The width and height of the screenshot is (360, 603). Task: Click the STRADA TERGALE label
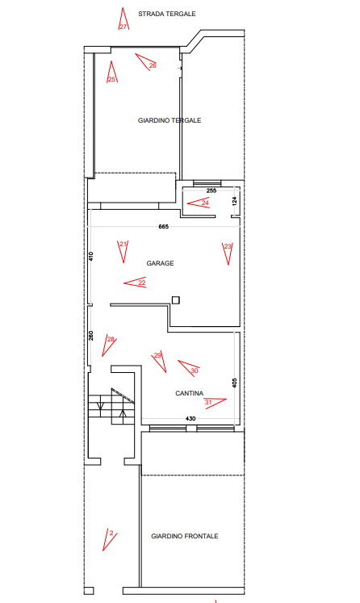coord(167,14)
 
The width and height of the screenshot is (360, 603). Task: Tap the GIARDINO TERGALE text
coord(170,120)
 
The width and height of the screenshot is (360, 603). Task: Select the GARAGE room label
coord(160,263)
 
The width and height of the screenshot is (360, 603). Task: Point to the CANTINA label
coord(189,393)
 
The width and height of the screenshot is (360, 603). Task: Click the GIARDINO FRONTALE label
coord(185,536)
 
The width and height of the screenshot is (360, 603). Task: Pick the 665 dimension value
coord(164,227)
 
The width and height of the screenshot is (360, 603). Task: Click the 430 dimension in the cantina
coord(190,418)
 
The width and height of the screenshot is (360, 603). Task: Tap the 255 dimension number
coord(211,191)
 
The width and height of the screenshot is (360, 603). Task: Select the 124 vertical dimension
coord(235,201)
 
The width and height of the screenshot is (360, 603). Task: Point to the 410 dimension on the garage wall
coord(90,256)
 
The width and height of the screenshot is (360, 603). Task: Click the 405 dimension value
coord(235,383)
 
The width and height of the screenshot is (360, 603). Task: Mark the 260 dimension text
coord(90,336)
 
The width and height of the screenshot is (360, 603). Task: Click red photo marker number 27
coord(123,20)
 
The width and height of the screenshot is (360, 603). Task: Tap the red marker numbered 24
coord(199,203)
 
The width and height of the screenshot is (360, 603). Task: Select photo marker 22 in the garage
coord(136,283)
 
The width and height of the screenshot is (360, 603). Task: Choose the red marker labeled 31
coord(215,402)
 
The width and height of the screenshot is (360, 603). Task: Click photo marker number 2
coord(110,539)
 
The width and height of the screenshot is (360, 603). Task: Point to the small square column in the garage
coord(176,300)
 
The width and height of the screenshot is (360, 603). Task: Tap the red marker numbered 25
coord(112,73)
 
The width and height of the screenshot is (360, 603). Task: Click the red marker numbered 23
coord(228,253)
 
